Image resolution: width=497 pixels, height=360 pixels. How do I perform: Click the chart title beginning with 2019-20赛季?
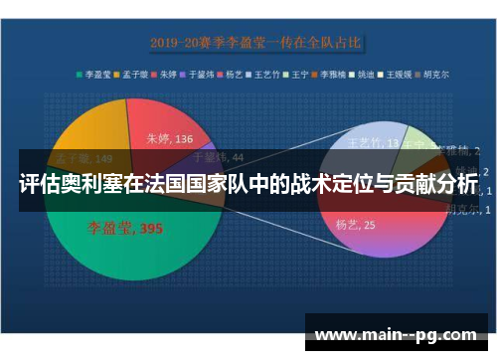(x=255, y=43)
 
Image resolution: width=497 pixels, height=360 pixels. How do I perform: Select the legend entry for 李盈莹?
(x=95, y=74)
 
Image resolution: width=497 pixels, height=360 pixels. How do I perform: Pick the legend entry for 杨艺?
(x=233, y=74)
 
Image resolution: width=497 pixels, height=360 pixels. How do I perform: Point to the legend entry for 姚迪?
(x=364, y=74)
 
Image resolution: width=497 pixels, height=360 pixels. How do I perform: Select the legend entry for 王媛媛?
(x=397, y=74)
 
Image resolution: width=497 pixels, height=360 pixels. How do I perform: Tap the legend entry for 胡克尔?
(x=432, y=74)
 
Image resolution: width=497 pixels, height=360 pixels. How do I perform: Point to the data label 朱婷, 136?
(x=169, y=139)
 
